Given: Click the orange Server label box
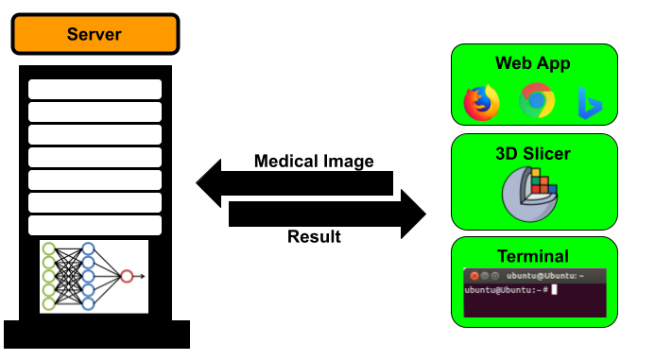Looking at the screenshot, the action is [95, 34].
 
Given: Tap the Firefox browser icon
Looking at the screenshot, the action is [482, 103].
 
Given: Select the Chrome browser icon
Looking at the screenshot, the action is [537, 101].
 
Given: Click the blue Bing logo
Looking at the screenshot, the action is [590, 103].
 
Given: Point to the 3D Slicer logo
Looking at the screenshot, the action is [529, 195].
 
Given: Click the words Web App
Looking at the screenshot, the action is [533, 63].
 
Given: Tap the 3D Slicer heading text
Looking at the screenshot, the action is [533, 154].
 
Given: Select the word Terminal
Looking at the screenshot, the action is [533, 256].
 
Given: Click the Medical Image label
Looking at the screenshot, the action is [314, 162].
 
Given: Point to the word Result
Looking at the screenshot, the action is [314, 236].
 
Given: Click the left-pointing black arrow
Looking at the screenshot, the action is [294, 183].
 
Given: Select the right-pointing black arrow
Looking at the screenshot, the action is [327, 214].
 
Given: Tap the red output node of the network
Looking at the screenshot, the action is [127, 276].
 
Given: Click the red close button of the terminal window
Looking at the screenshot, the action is [474, 276].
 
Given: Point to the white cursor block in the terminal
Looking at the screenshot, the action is [554, 289].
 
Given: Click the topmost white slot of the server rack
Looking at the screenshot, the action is [95, 89].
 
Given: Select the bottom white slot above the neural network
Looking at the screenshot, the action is [95, 225].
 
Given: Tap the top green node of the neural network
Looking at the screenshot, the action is [49, 249].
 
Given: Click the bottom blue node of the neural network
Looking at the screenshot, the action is [88, 303].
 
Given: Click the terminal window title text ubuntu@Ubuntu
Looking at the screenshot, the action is [544, 276].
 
